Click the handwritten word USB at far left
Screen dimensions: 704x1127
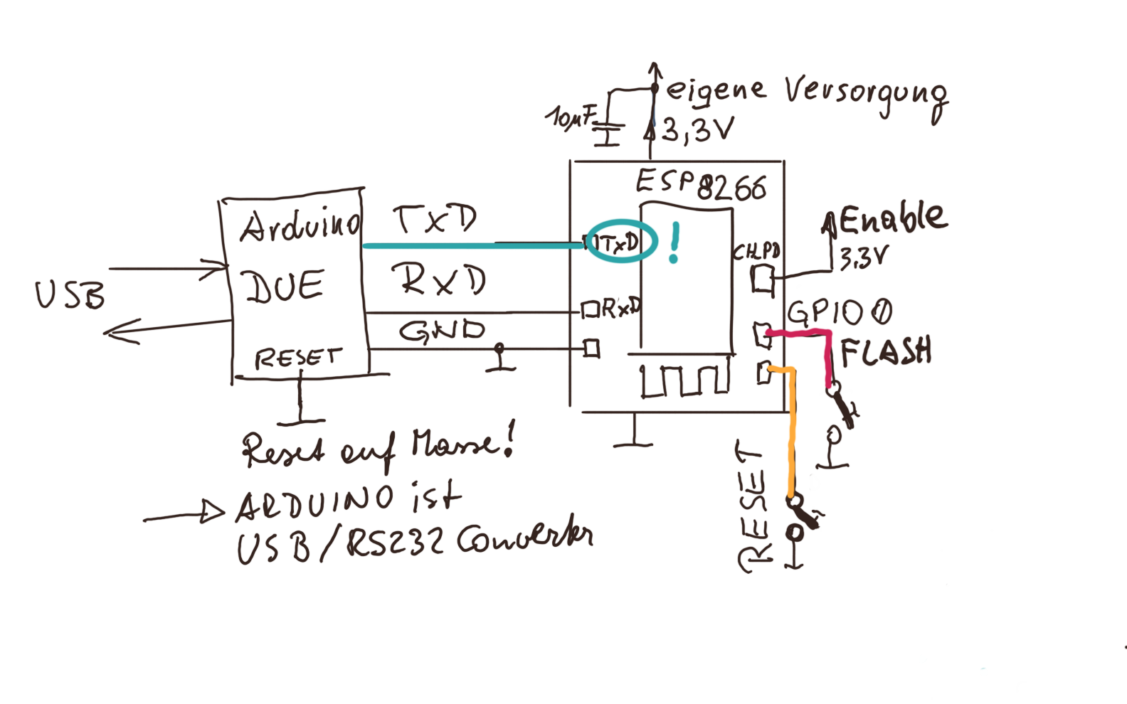tap(70, 294)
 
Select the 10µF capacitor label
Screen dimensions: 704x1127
tap(569, 116)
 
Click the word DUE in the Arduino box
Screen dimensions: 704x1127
tap(284, 286)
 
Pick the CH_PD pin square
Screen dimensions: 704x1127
tap(763, 278)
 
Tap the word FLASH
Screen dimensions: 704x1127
tap(886, 351)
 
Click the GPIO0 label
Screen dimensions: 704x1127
tap(839, 313)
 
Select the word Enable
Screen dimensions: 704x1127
tap(893, 218)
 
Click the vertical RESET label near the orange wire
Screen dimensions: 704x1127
tap(753, 506)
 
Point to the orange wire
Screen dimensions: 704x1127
tap(791, 434)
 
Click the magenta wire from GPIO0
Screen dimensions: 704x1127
tap(827, 356)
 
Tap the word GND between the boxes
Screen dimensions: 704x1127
tap(442, 331)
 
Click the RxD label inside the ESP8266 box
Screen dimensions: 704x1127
tap(620, 308)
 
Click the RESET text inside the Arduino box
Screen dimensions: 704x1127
tap(298, 357)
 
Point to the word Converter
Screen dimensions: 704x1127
tap(524, 539)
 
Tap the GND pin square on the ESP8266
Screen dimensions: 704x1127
tap(591, 348)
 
